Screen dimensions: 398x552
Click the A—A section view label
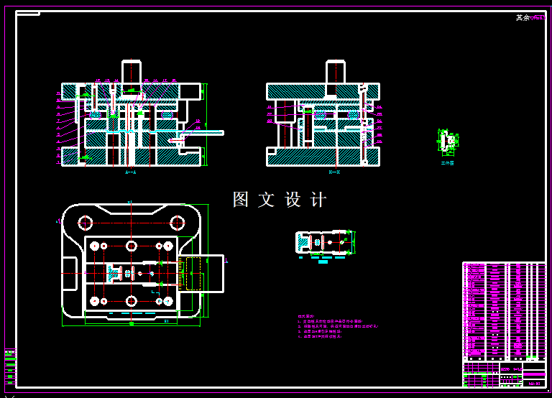coord(130,172)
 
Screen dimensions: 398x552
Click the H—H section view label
coord(334,172)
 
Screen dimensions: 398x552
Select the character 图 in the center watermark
coord(241,200)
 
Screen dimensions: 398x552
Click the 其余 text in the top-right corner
coord(523,18)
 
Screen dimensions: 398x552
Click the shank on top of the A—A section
coord(131,72)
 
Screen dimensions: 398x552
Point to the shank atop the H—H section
coord(335,72)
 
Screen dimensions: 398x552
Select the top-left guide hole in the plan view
coord(86,222)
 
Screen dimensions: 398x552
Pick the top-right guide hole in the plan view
coord(177,222)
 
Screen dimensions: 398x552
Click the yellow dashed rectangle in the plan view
coord(193,273)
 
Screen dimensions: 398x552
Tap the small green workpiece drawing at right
coord(448,142)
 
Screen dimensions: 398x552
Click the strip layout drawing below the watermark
coord(323,243)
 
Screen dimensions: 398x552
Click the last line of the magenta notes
coord(320,336)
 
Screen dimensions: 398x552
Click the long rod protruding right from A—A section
coord(205,133)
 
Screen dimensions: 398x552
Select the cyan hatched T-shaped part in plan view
coord(114,272)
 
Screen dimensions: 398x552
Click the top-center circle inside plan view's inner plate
coord(131,246)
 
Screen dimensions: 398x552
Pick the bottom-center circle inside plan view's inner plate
coord(131,300)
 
